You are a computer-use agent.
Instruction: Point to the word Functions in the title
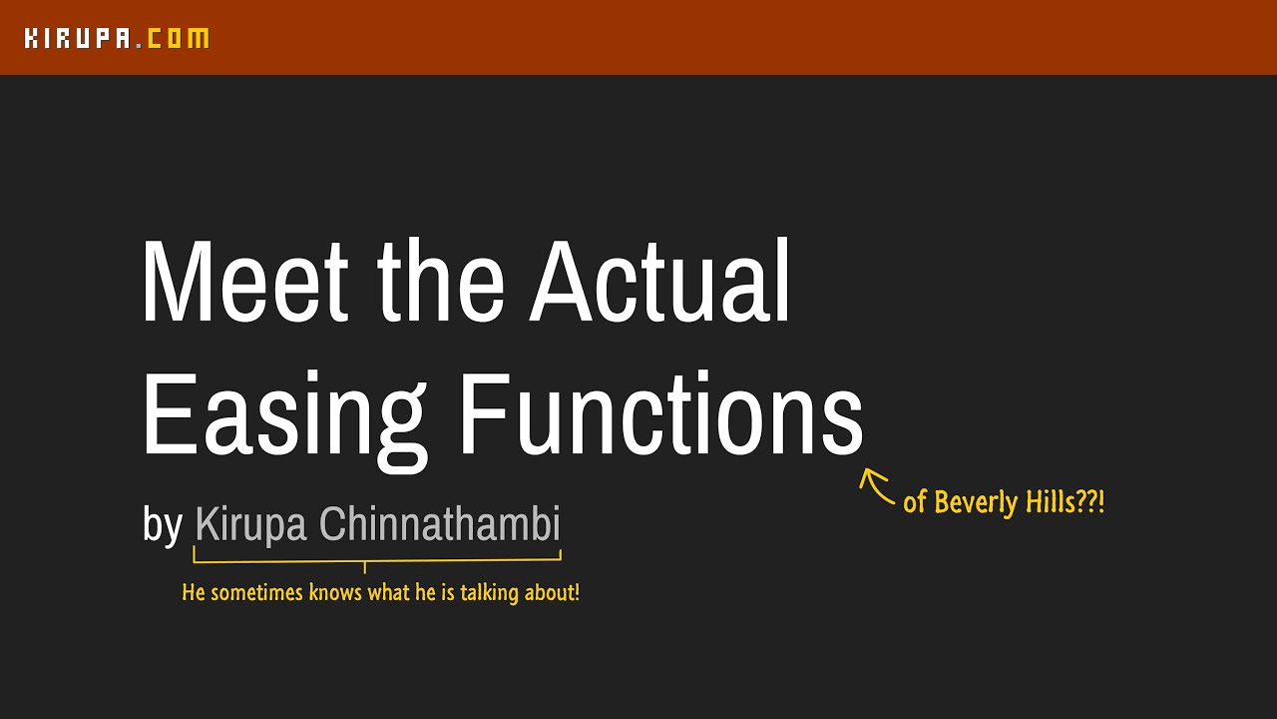[x=660, y=415]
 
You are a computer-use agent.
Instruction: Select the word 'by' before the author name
[x=163, y=525]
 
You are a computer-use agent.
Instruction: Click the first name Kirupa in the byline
[x=250, y=525]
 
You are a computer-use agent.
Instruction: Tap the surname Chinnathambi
[x=440, y=525]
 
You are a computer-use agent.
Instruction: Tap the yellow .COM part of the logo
[x=176, y=39]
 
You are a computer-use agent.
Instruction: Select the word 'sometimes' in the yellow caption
[x=256, y=593]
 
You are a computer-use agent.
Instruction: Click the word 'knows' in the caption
[x=336, y=593]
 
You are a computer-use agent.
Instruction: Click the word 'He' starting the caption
[x=193, y=593]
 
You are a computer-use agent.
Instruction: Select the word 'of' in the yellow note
[x=914, y=502]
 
